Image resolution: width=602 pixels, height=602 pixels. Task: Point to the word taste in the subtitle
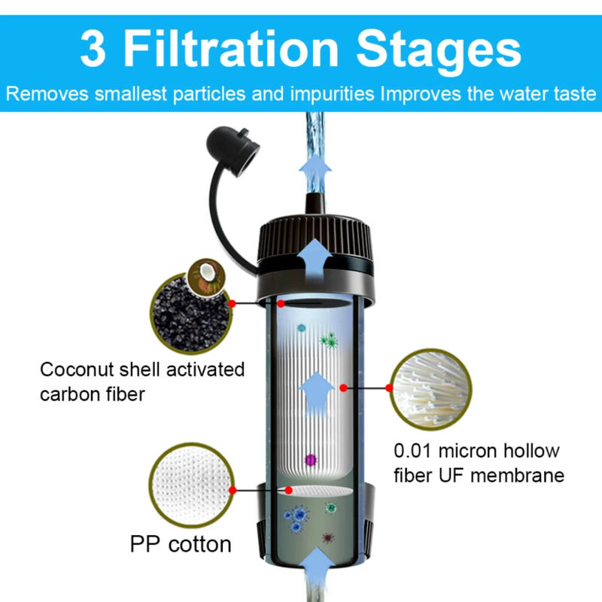574,96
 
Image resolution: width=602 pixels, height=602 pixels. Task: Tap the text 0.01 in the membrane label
416,451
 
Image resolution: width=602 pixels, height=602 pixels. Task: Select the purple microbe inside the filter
309,459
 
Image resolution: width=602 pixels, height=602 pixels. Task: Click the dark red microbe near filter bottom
327,538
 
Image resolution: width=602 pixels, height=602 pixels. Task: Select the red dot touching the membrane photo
390,388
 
